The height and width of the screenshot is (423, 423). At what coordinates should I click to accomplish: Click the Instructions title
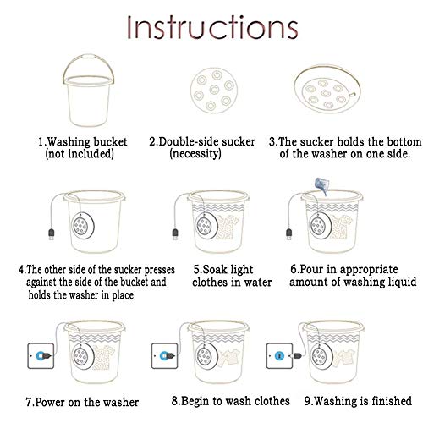pyautogui.click(x=212, y=27)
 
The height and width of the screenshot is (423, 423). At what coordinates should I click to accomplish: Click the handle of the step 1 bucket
pyautogui.click(x=89, y=58)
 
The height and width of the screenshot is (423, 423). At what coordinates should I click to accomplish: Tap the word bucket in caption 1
pyautogui.click(x=110, y=142)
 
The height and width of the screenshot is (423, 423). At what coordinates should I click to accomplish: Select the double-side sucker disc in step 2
pyautogui.click(x=214, y=91)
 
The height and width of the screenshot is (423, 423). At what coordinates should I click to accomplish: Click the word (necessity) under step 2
pyautogui.click(x=195, y=154)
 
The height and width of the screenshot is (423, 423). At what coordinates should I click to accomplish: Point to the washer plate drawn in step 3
pyautogui.click(x=327, y=89)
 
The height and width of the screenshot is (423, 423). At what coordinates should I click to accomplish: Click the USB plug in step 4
pyautogui.click(x=52, y=234)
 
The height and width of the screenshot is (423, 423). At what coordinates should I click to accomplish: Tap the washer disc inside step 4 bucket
pyautogui.click(x=82, y=226)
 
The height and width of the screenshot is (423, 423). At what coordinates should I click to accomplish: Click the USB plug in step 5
pyautogui.click(x=175, y=234)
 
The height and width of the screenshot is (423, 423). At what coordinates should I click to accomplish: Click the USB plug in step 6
pyautogui.click(x=288, y=234)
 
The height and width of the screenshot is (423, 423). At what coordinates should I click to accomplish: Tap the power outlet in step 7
pyautogui.click(x=41, y=356)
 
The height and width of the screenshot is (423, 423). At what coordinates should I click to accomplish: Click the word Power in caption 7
pyautogui.click(x=51, y=403)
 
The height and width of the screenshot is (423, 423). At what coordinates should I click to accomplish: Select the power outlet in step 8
pyautogui.click(x=165, y=356)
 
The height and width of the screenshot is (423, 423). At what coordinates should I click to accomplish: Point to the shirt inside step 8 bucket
pyautogui.click(x=229, y=358)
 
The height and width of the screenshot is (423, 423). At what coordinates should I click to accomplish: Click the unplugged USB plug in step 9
pyautogui.click(x=298, y=356)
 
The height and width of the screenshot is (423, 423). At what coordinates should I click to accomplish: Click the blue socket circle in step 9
pyautogui.click(x=280, y=355)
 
